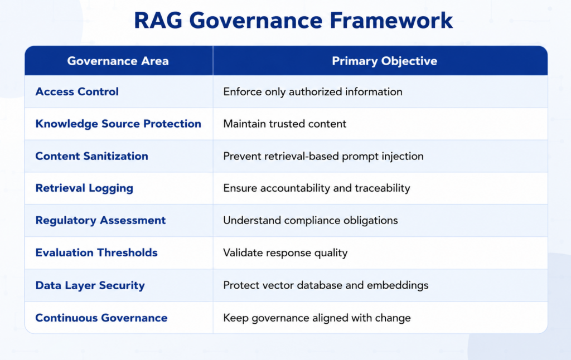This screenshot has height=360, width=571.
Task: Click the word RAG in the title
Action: tap(158, 21)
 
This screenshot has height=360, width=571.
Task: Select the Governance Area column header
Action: tap(118, 61)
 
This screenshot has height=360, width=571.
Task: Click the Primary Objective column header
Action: tap(385, 61)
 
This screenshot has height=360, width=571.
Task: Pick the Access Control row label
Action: tap(77, 91)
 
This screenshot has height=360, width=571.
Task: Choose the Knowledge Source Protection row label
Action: tap(118, 124)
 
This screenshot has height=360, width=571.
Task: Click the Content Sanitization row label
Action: tap(92, 156)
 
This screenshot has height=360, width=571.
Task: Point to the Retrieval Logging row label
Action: tap(85, 188)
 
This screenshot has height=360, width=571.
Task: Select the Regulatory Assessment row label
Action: tap(100, 220)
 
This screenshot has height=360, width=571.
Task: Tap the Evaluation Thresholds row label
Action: tap(96, 252)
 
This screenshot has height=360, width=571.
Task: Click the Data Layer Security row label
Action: tap(90, 285)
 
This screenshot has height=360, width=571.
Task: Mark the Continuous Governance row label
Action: tap(101, 318)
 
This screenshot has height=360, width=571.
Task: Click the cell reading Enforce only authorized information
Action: tap(313, 92)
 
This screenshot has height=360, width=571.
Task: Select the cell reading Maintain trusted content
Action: tap(285, 124)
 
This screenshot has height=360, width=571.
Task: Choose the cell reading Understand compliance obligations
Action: tap(311, 221)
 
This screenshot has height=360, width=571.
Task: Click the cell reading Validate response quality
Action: tap(285, 252)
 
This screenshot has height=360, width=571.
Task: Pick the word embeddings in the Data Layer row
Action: tap(398, 285)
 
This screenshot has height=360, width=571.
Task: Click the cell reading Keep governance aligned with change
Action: tap(317, 318)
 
